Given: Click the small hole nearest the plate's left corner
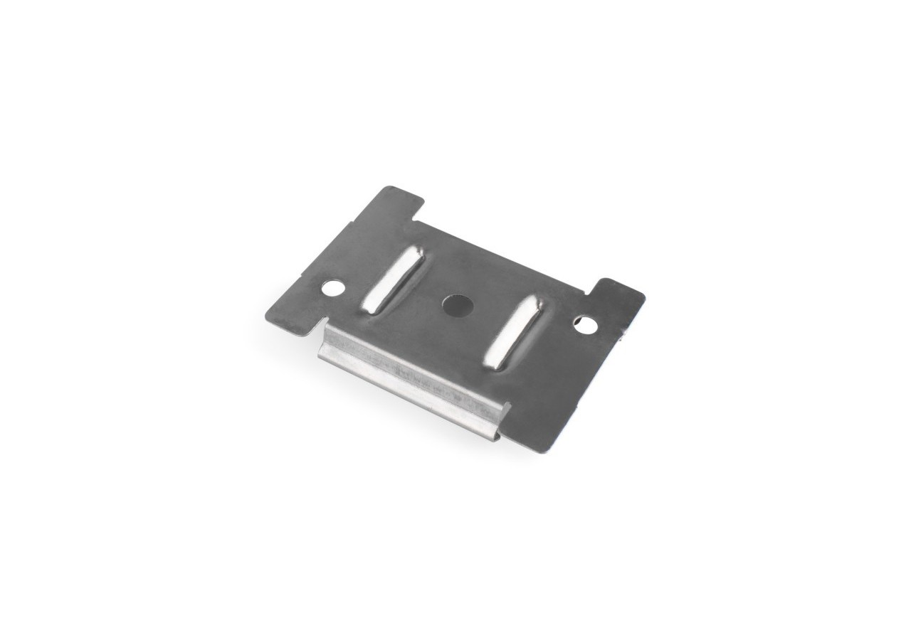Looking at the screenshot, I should pyautogui.click(x=332, y=288).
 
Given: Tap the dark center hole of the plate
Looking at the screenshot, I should pyautogui.click(x=457, y=306).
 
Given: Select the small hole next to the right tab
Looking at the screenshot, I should pyautogui.click(x=586, y=324).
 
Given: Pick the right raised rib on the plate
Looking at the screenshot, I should pyautogui.click(x=515, y=332).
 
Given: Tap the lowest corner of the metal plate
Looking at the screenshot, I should pyautogui.click(x=544, y=452).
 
